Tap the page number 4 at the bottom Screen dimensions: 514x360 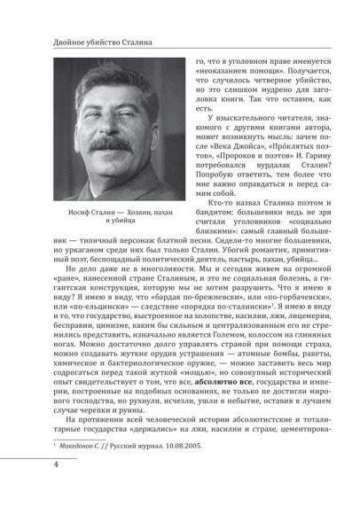32,490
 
